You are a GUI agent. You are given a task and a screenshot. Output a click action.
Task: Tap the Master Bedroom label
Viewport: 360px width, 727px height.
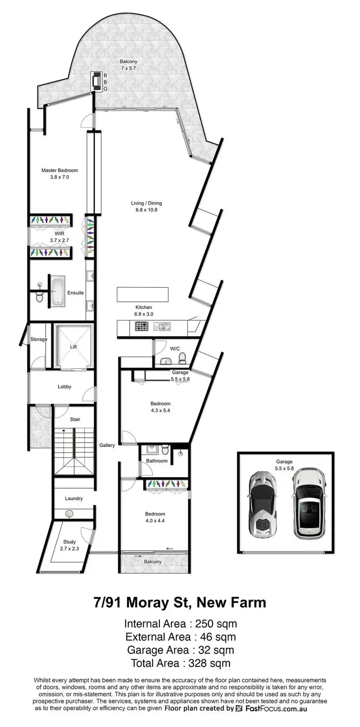60,170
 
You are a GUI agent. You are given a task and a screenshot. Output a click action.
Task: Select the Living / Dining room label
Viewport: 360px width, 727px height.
146,203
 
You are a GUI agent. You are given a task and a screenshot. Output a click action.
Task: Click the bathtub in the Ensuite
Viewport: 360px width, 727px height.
58,291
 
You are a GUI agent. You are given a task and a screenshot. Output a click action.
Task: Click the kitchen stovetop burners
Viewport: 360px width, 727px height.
141,327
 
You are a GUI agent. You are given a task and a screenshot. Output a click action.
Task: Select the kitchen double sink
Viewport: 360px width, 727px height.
161,327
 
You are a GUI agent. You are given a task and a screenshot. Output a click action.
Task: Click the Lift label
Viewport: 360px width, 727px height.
73,346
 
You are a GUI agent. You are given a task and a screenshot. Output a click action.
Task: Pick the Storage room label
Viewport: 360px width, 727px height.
39,339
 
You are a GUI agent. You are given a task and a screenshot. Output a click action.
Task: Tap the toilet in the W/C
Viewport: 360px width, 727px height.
182,358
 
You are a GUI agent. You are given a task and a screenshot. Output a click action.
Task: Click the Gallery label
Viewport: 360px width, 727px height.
107,445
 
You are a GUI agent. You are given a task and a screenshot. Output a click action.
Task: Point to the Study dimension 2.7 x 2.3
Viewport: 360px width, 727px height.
69,548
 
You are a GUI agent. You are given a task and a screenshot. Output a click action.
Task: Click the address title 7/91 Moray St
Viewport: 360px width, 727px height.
180,602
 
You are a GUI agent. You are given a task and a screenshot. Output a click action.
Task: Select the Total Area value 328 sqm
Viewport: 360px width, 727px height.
180,664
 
